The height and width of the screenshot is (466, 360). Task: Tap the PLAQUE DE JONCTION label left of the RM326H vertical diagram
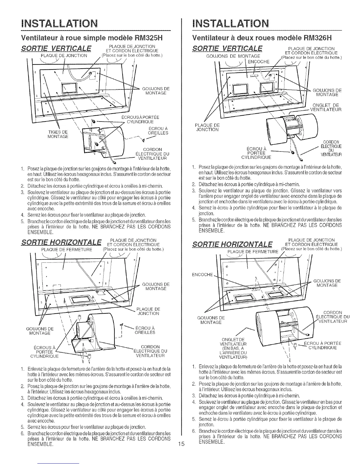click(207, 127)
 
